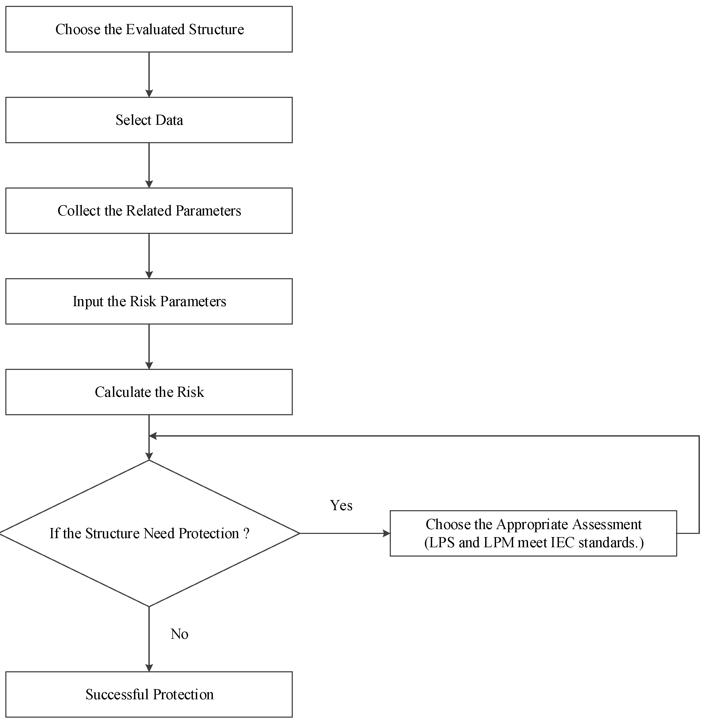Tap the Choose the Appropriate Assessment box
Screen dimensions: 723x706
(x=533, y=533)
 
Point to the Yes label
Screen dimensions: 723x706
(x=341, y=505)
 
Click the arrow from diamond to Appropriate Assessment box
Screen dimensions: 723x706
(x=345, y=533)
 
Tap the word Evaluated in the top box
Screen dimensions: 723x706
(x=155, y=29)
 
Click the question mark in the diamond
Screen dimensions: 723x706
(x=246, y=533)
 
